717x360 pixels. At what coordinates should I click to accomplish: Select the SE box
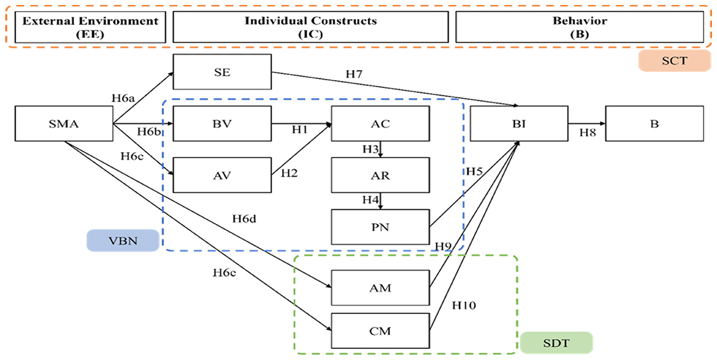[222, 71]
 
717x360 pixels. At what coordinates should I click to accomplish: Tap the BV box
[222, 124]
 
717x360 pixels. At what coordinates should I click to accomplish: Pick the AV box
[222, 175]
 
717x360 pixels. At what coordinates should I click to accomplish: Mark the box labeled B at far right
[654, 124]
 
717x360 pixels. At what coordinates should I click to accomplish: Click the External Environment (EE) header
[90, 28]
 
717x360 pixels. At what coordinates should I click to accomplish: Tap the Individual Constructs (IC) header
[310, 28]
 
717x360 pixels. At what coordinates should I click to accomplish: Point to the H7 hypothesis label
[354, 74]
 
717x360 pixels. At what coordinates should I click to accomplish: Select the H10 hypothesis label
[463, 305]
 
